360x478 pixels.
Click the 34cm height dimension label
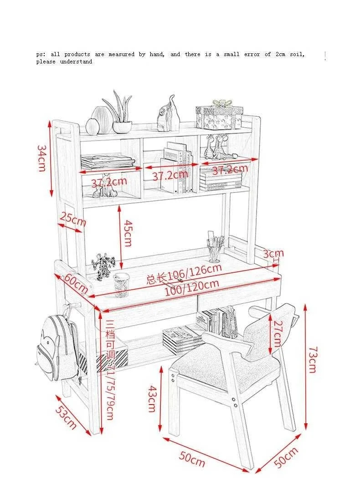coord(41,158)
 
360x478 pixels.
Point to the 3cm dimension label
coord(273,253)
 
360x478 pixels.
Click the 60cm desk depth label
coord(76,283)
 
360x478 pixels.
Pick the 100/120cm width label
coord(191,287)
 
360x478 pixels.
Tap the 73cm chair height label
coord(312,359)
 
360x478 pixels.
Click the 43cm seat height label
coord(152,398)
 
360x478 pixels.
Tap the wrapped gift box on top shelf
coord(219,115)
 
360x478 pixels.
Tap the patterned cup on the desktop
coord(122,283)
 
